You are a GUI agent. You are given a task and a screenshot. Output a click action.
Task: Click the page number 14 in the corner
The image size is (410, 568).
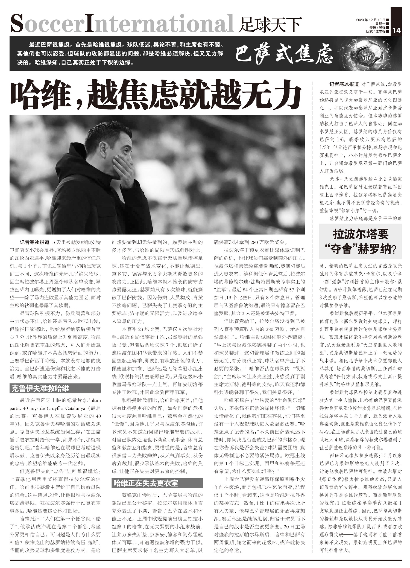pos(396,30)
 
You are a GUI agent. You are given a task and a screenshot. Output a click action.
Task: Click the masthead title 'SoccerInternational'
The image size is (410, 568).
pos(122,24)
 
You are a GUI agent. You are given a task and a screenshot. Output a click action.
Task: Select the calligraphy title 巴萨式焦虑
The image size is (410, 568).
pos(284,54)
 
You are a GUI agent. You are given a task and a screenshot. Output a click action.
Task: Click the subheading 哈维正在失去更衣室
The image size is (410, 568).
pos(146,483)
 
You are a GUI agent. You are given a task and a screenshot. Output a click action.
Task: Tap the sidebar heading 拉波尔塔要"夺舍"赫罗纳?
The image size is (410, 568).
pos(361,241)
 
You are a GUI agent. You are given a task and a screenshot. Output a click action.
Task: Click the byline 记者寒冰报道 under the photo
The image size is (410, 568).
pos(34,243)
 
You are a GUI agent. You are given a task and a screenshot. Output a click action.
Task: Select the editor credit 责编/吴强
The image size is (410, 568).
pos(377,28)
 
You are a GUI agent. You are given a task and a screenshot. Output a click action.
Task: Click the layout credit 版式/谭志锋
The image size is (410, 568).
pos(376,31)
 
